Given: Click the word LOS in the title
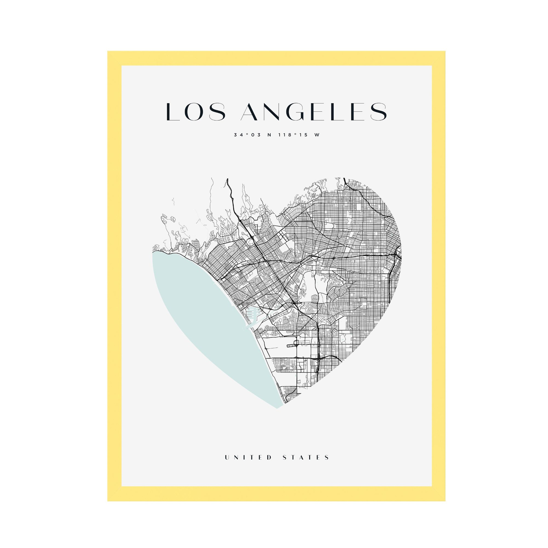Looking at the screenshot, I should pos(196,112).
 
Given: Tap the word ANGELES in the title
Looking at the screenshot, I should pos(314,112).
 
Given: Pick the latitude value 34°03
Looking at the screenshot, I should pos(247,135).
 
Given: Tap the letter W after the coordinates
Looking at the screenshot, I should pos(317,135).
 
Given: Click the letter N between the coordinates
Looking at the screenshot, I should pos(269,135).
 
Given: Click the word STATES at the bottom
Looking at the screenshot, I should pos(306,457).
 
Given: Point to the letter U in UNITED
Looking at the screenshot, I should pos(227,457).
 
